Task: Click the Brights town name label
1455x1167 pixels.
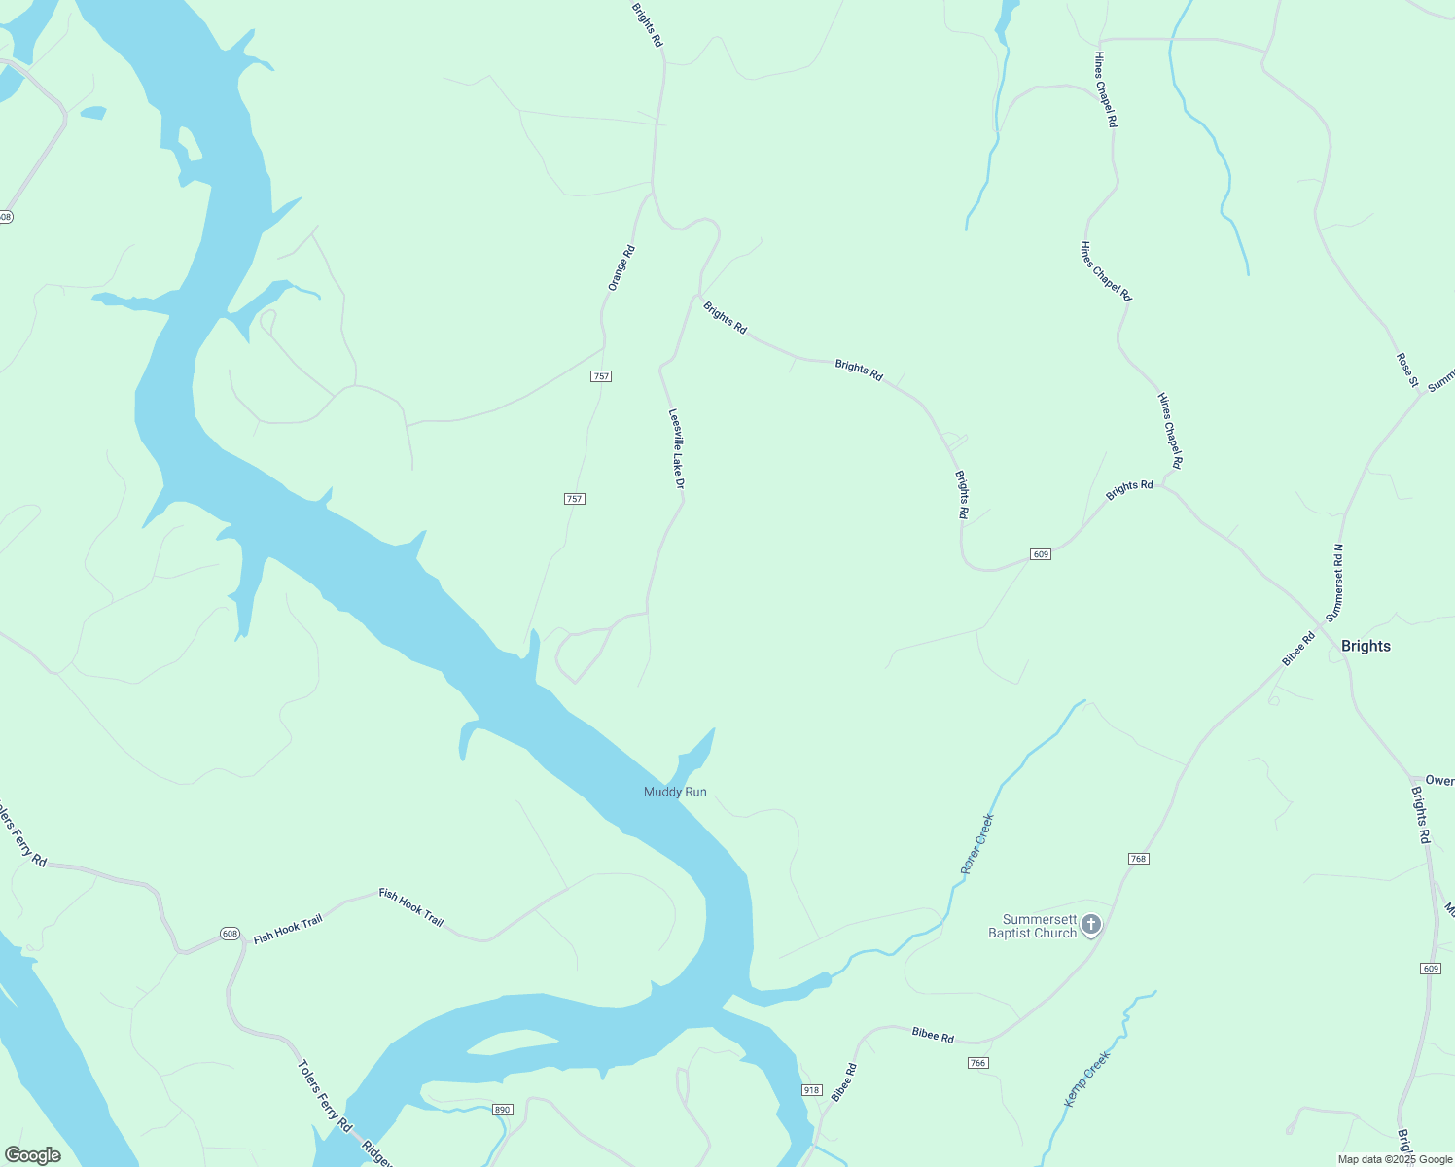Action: pos(1366,646)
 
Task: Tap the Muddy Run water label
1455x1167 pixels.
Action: pos(675,792)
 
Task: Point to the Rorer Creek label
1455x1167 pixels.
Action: pos(976,844)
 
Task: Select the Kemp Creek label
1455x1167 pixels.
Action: pos(1086,1079)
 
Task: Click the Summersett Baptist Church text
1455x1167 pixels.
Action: pos(1032,926)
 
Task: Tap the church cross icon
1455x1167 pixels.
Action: pos(1091,924)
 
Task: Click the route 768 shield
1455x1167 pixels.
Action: pos(1139,859)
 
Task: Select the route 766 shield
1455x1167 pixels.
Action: pos(978,1063)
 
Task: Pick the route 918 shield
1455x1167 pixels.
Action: pos(811,1090)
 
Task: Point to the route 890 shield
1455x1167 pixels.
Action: pos(502,1110)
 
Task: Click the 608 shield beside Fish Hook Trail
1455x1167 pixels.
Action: pos(230,934)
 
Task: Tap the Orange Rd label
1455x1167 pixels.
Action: pos(621,267)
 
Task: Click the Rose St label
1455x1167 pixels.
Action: pos(1406,370)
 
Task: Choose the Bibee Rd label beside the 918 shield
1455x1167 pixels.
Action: pos(843,1082)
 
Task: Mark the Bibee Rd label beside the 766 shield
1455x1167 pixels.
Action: pos(933,1035)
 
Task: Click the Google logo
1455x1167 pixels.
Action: pos(32,1155)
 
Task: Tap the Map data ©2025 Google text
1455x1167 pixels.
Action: pos(1394,1159)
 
